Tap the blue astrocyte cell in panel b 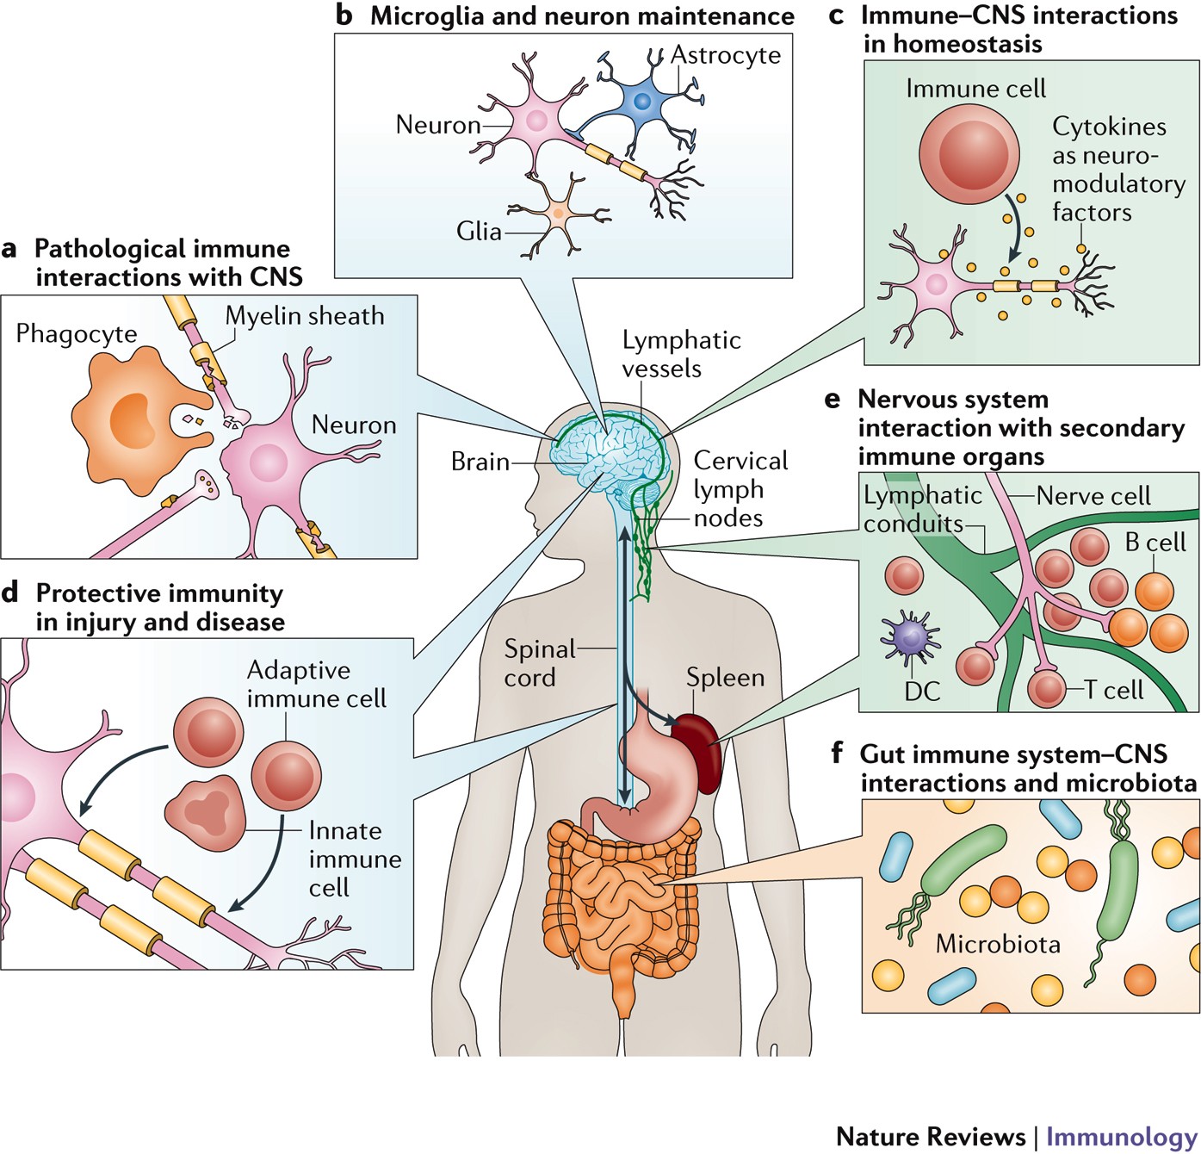point(641,102)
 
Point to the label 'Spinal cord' point(539,663)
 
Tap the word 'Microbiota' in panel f point(997,944)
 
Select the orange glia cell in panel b point(558,212)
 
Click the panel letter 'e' point(832,400)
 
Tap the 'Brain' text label point(480,462)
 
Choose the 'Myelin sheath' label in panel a point(305,316)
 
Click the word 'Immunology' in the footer point(1121,1136)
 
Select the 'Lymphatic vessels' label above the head point(681,354)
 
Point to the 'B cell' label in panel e point(1155,543)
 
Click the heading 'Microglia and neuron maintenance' point(582,16)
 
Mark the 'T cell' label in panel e point(1113,690)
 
